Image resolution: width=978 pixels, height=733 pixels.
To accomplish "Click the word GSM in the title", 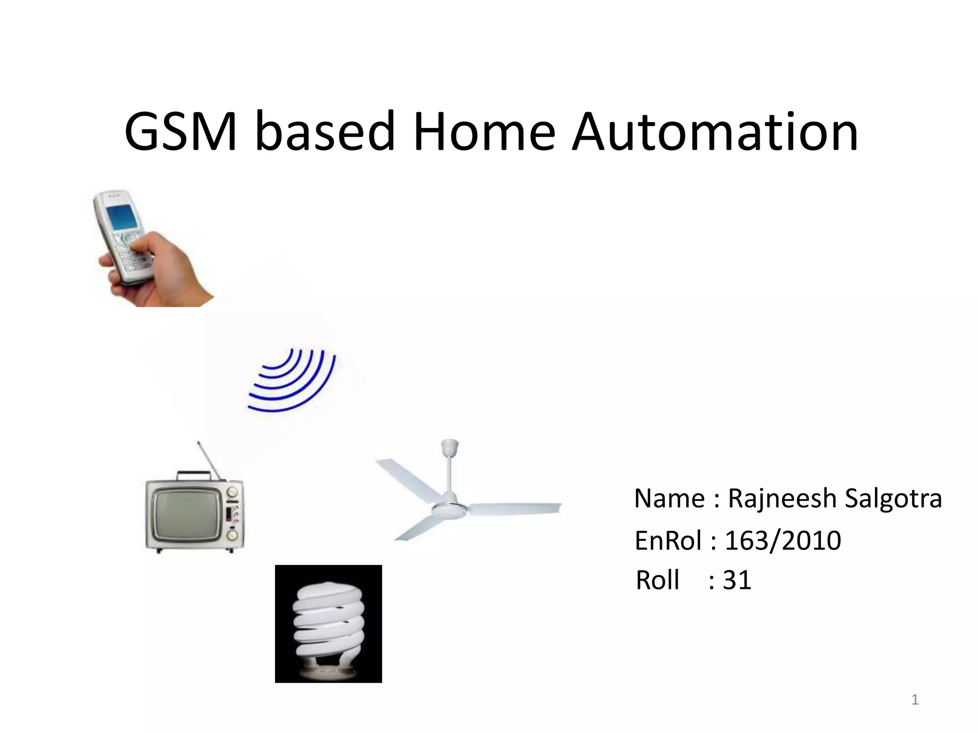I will (x=181, y=131).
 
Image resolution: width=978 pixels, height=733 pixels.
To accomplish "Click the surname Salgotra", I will (x=893, y=499).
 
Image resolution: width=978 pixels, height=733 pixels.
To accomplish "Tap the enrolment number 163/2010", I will (x=783, y=541).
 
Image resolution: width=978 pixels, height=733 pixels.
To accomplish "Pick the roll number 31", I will (x=737, y=580).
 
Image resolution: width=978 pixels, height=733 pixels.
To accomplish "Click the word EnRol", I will (x=668, y=541).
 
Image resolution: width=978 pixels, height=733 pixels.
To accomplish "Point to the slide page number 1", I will (x=914, y=700).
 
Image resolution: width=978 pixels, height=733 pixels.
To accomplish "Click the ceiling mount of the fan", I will (x=449, y=447).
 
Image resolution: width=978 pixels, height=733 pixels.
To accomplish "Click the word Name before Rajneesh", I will (x=669, y=499).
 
